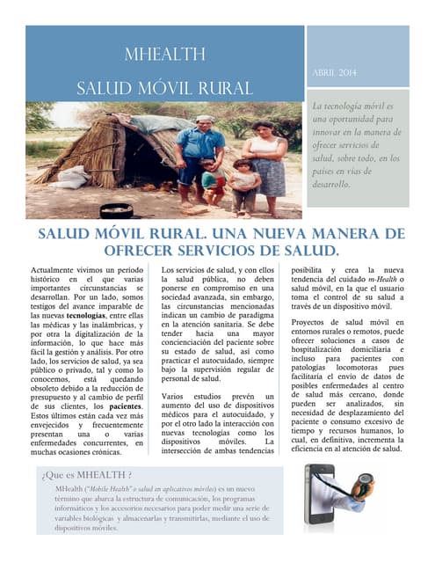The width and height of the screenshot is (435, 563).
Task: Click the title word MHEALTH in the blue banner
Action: coord(164,55)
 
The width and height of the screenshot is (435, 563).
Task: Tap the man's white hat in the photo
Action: coord(203,119)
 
